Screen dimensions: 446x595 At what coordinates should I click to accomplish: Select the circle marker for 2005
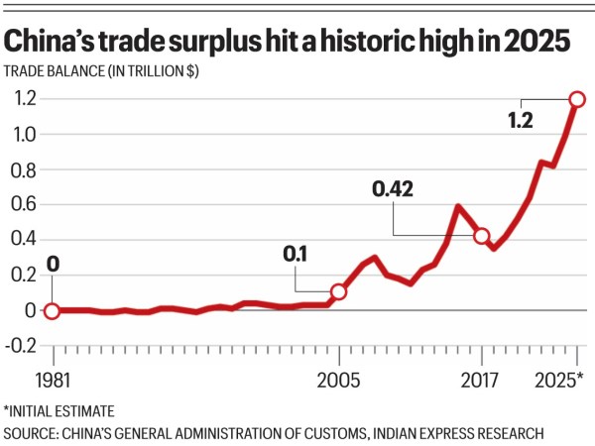pos(338,291)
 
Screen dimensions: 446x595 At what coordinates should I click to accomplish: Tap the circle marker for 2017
pos(482,236)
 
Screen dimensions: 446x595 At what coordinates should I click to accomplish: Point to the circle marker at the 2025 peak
pos(577,99)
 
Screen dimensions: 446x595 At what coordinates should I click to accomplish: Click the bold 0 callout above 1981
pos(54,266)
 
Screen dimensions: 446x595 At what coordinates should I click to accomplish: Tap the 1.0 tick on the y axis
pos(23,134)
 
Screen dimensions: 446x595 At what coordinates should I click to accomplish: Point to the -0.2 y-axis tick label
pos(21,345)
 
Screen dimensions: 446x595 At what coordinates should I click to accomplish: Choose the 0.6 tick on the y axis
pos(23,204)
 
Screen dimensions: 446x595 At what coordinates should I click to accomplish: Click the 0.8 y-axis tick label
pos(23,169)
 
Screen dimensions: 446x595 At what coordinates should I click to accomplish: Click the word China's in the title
pos(57,43)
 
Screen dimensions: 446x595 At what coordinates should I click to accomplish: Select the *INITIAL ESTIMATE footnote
pos(59,410)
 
